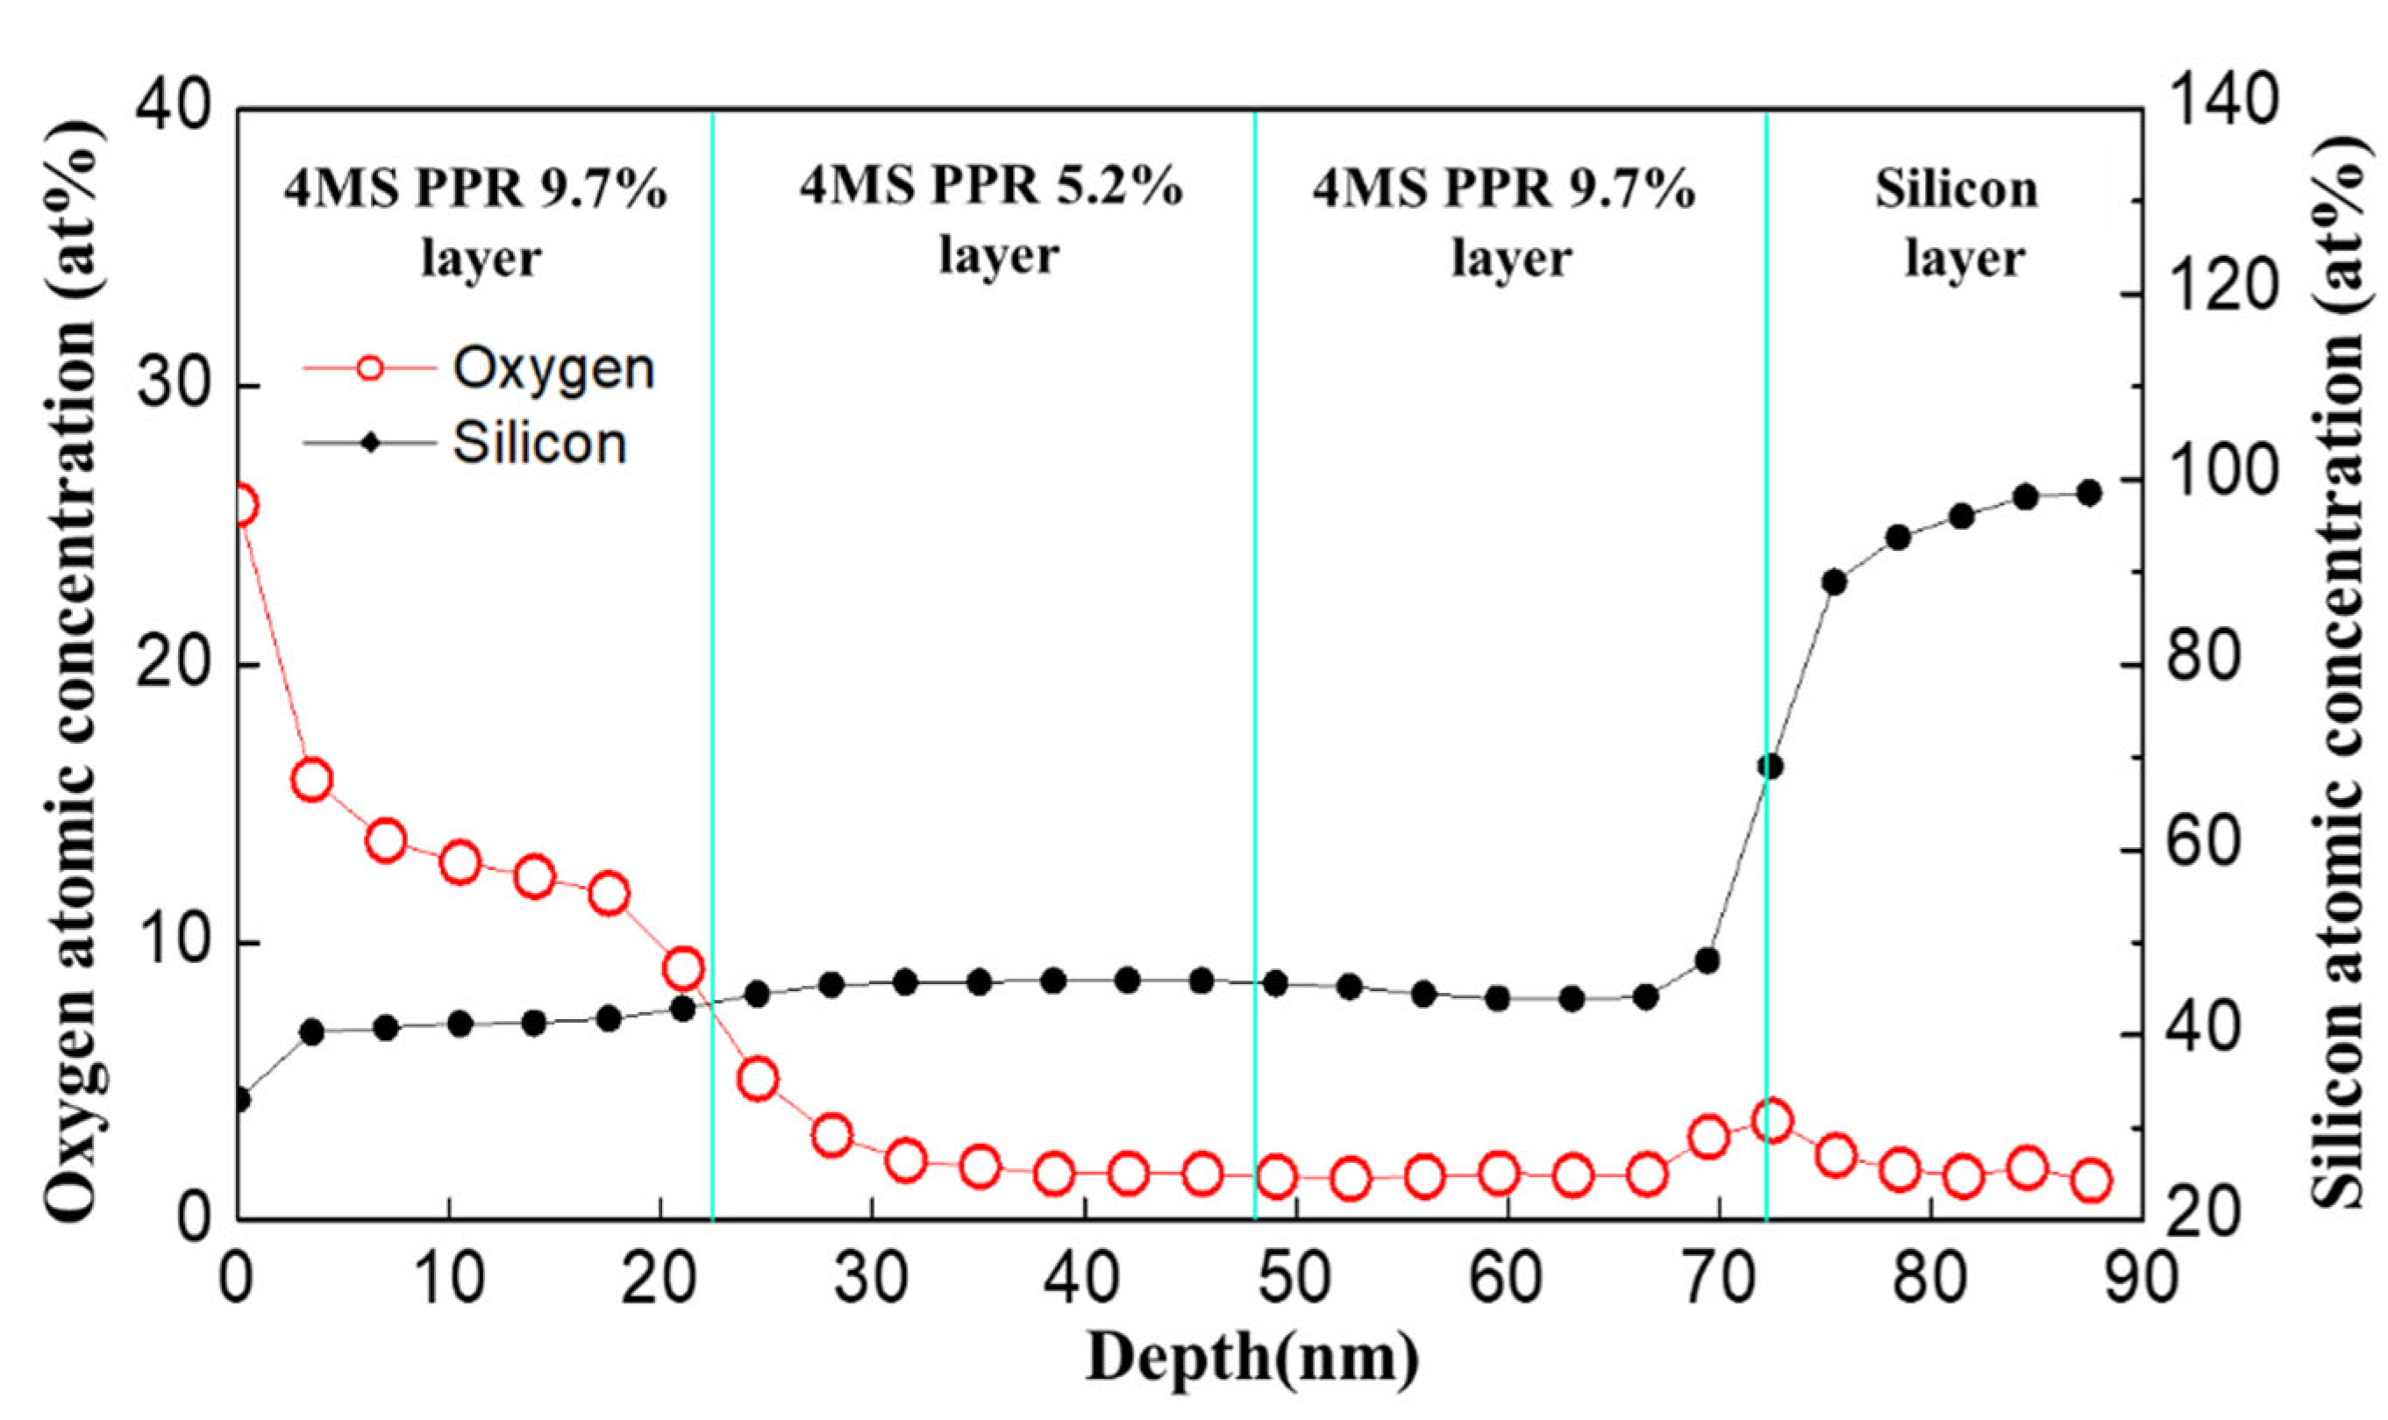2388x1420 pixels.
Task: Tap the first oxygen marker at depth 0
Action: pos(241,504)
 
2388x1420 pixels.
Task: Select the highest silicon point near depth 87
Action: pos(2089,493)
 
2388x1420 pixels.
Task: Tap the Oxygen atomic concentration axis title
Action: pos(69,670)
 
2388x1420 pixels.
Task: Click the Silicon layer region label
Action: pos(1957,222)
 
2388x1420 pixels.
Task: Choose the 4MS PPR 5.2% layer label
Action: pos(992,220)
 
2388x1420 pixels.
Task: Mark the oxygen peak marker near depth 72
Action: pos(1771,1121)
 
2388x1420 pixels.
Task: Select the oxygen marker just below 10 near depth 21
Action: pos(683,968)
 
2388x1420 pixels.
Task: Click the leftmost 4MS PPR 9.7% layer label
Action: pos(475,222)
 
